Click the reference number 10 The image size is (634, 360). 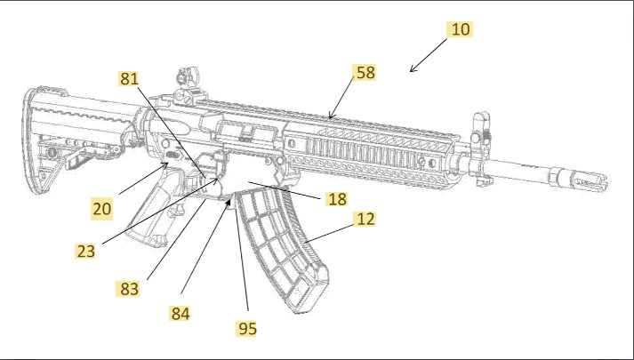tap(459, 28)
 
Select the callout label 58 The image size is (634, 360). tap(365, 73)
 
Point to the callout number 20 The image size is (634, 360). tap(102, 208)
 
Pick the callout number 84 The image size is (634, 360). tap(182, 313)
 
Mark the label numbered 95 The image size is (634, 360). tap(246, 328)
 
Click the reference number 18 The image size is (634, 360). tap(336, 198)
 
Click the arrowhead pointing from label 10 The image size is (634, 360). tap(413, 71)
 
